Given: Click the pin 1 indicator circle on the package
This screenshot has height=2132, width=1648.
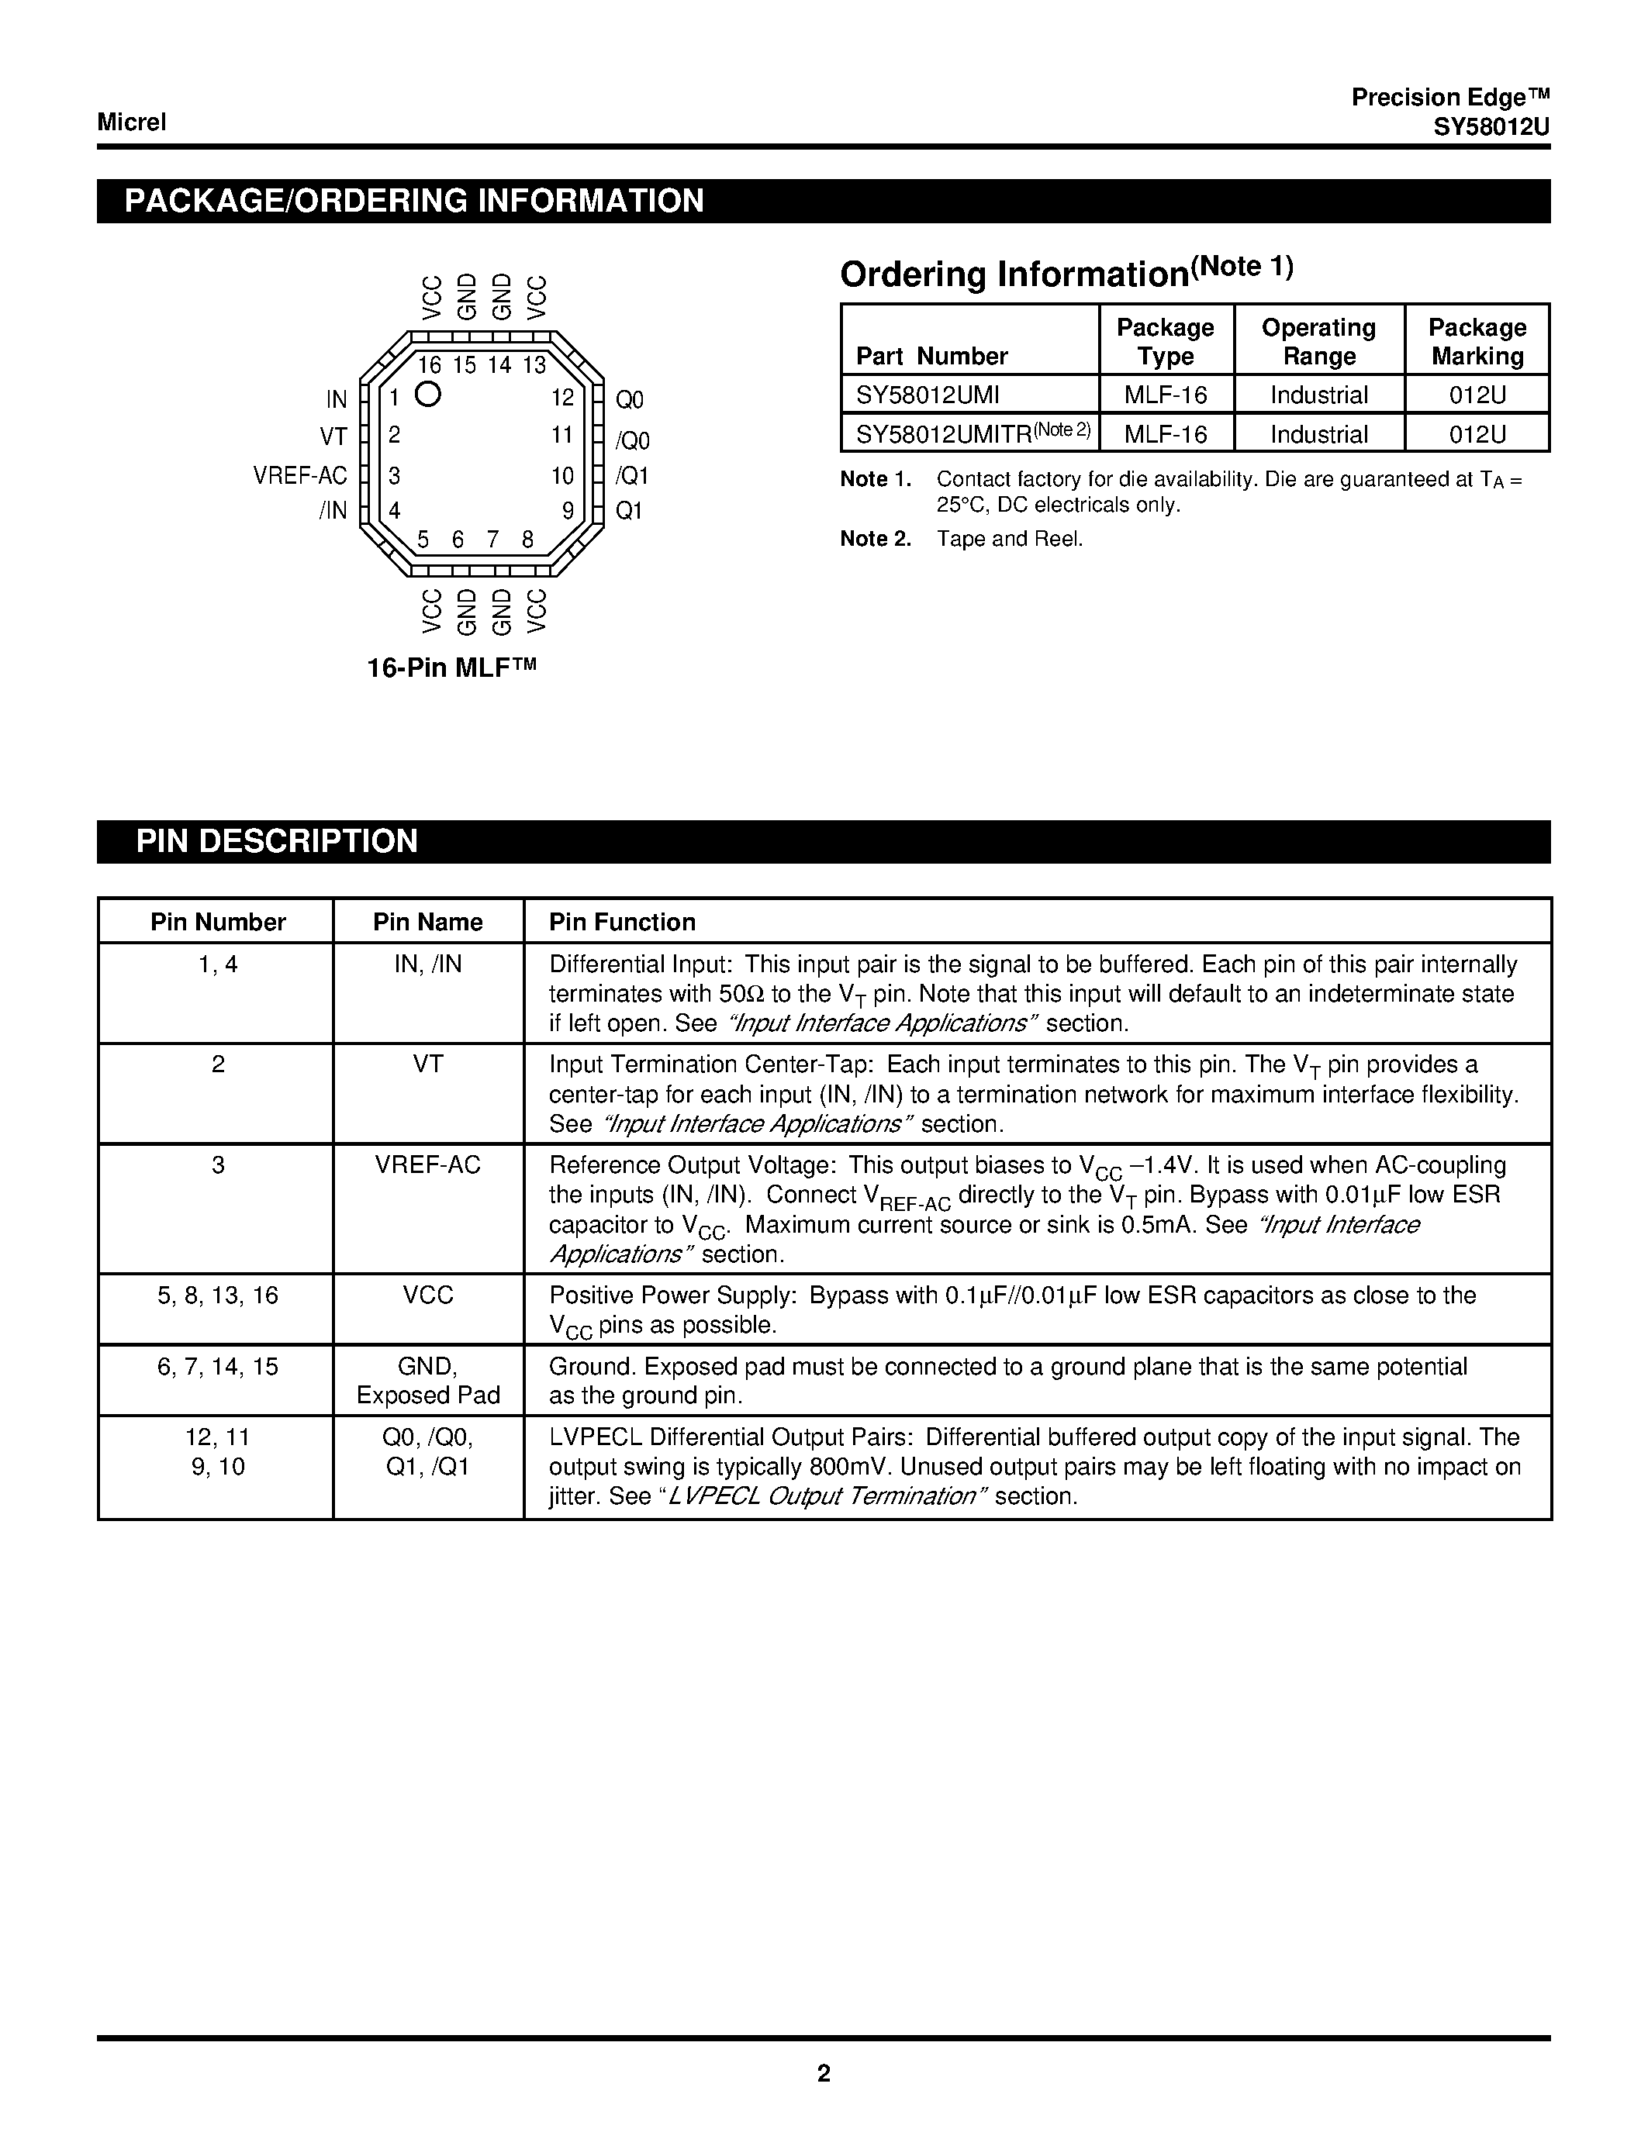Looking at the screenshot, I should tap(427, 395).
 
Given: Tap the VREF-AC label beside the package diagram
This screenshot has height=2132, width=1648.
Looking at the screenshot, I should tap(299, 475).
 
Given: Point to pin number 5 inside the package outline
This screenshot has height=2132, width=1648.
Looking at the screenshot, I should tap(423, 539).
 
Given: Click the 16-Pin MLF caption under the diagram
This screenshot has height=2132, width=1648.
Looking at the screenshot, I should tap(452, 669).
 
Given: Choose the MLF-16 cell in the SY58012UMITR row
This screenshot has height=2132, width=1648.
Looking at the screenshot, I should tap(1165, 433).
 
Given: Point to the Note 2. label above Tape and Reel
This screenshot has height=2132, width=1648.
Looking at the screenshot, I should tap(875, 539).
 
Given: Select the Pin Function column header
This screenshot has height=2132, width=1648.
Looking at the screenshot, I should tap(622, 922).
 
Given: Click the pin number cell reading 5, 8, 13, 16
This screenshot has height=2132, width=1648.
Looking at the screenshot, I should tap(218, 1295).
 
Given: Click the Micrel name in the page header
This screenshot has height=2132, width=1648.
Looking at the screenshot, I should tap(132, 122).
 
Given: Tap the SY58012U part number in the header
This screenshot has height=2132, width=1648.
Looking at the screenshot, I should tap(1491, 128).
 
